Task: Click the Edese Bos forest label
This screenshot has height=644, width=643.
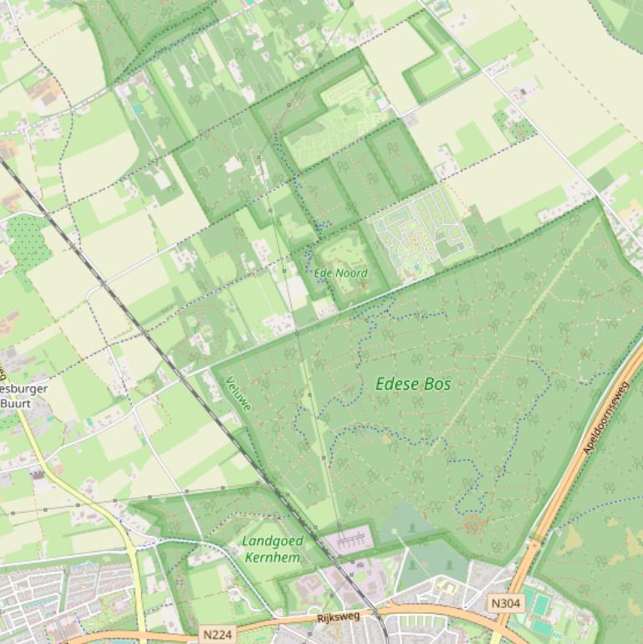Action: click(413, 384)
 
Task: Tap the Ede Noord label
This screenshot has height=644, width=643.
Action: click(340, 273)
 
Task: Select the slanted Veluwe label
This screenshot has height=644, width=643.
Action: click(238, 395)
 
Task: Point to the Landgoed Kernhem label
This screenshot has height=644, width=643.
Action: click(272, 549)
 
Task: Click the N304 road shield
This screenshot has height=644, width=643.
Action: click(505, 603)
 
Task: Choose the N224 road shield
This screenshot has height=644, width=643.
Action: click(217, 635)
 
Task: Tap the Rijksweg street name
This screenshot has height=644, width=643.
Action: click(338, 618)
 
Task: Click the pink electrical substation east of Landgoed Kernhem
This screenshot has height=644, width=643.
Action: click(347, 539)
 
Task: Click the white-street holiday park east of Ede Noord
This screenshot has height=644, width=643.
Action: click(418, 230)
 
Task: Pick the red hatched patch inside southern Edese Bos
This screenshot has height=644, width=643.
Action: click(475, 524)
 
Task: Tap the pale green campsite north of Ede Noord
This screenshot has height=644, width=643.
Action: click(334, 125)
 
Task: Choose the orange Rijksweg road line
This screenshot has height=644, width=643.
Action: click(418, 608)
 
